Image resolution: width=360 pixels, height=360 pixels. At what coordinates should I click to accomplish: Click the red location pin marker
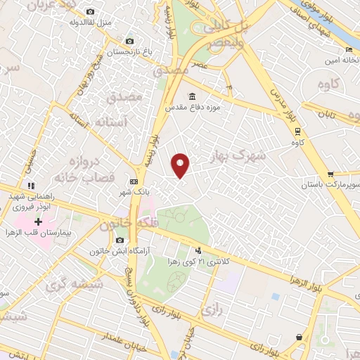pyautogui.click(x=181, y=165)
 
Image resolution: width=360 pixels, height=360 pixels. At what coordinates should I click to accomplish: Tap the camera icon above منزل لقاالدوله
pyautogui.click(x=90, y=12)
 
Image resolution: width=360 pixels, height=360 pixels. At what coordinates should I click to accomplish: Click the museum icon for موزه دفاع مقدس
pyautogui.click(x=191, y=97)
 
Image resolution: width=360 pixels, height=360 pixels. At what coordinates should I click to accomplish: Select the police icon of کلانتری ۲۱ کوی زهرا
pyautogui.click(x=198, y=250)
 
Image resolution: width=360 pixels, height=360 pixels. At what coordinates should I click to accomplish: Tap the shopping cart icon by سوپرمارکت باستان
pyautogui.click(x=330, y=174)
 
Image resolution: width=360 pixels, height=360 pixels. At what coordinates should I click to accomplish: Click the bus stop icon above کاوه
pyautogui.click(x=298, y=131)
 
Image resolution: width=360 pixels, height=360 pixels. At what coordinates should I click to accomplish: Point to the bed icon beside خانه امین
pyautogui.click(x=349, y=50)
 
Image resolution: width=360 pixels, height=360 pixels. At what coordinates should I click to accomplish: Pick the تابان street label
pyautogui.click(x=328, y=113)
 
